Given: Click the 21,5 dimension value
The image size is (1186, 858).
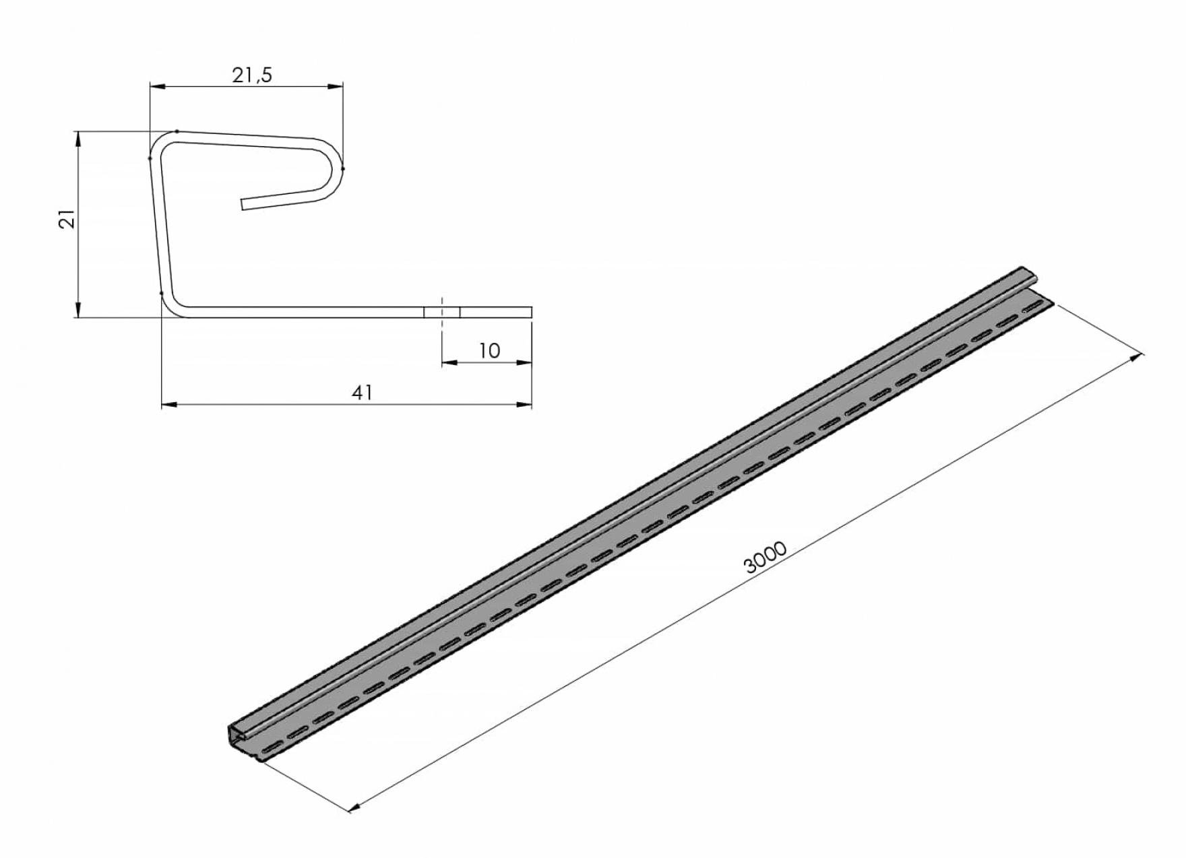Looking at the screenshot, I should coord(252,75).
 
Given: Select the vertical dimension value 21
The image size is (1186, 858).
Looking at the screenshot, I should coord(67,220).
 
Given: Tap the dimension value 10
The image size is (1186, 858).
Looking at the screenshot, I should coord(489,351).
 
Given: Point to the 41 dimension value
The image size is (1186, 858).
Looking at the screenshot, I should coord(363,393).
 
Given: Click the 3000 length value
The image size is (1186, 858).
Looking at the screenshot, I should coord(766,557).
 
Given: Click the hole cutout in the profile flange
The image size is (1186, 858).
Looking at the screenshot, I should coord(442,312).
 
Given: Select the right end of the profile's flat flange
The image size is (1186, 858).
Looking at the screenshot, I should coord(531,312).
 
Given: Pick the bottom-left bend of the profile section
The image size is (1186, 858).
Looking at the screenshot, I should coord(173,306).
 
